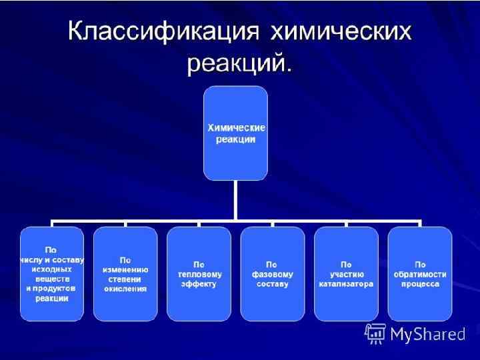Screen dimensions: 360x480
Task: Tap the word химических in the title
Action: (341, 33)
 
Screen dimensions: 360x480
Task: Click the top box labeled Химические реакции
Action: (235, 133)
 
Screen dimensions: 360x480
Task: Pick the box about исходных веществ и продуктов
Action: (51, 274)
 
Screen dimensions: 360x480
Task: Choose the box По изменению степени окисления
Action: (125, 274)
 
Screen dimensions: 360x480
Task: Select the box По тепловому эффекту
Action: (199, 274)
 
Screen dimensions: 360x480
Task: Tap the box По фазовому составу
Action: (272, 274)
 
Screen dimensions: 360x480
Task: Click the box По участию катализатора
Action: (346, 274)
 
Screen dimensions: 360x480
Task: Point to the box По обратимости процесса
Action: (420, 274)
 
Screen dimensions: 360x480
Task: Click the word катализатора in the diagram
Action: (346, 283)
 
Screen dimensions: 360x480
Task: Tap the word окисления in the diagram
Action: (125, 289)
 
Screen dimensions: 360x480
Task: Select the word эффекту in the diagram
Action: (199, 283)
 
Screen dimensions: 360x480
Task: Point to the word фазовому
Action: (272, 274)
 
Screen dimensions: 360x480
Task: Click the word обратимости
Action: (420, 274)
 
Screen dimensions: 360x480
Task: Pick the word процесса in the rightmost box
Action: (420, 283)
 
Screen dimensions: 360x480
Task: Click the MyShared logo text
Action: (428, 334)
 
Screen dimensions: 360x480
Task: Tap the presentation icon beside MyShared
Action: (375, 333)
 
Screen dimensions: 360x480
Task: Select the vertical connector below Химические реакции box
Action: (235, 199)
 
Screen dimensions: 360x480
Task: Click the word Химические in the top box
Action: (235, 127)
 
